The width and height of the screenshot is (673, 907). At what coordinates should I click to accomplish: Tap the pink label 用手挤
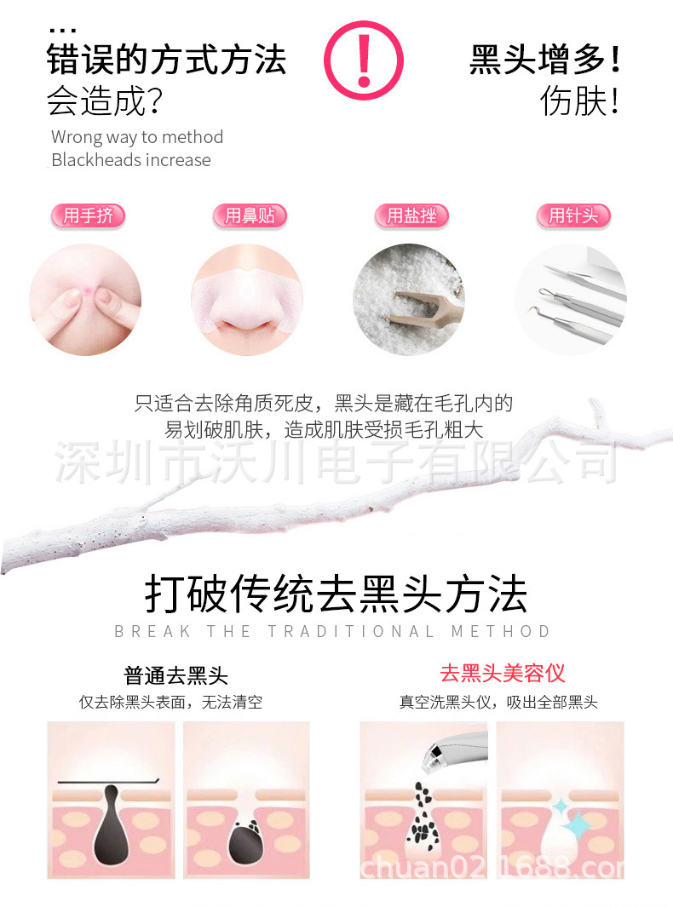[x=88, y=215]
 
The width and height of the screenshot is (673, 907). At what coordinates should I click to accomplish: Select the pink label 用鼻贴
[x=250, y=215]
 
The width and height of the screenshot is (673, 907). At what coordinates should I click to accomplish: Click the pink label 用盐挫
[x=411, y=215]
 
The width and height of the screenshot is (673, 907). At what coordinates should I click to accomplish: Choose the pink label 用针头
[x=573, y=215]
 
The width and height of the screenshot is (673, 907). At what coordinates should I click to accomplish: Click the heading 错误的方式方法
[x=166, y=61]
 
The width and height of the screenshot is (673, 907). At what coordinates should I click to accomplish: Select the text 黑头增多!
[x=545, y=61]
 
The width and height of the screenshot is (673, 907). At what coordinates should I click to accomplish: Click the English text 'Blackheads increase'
[x=130, y=160]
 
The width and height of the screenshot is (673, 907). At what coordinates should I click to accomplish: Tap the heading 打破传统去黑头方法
[x=336, y=594]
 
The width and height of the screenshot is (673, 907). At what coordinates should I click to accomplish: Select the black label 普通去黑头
[x=176, y=676]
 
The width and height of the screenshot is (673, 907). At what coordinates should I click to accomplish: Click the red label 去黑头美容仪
[x=503, y=674]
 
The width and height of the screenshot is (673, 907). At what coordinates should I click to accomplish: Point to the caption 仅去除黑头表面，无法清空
[x=171, y=703]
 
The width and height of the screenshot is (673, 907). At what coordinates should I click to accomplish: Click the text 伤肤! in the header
[x=580, y=102]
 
